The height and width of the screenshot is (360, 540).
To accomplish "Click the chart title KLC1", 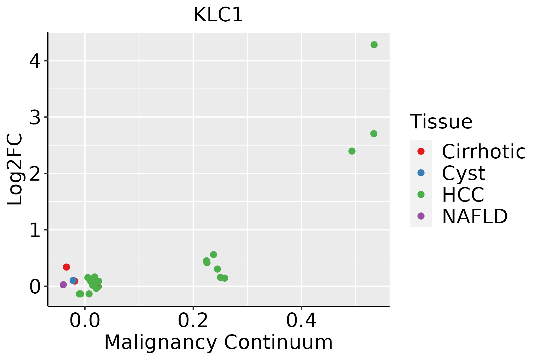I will tap(218, 15).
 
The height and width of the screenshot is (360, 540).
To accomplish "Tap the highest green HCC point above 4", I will tap(374, 45).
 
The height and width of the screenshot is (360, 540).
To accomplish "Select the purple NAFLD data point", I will tap(63, 284).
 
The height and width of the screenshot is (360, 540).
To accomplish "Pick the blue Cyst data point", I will tap(73, 280).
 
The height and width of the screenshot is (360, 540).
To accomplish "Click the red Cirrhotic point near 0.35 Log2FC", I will tap(66, 267).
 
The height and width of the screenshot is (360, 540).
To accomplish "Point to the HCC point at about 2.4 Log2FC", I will tap(352, 151).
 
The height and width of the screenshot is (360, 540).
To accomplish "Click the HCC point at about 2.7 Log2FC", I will tap(374, 133).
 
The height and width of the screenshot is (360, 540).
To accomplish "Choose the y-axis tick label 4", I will tap(35, 61).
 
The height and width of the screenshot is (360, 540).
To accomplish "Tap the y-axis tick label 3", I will tap(35, 117).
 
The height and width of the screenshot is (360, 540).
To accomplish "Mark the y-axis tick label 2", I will tap(35, 174).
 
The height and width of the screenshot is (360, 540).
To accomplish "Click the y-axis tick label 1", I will tap(35, 230).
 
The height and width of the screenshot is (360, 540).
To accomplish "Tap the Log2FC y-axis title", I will tap(15, 169).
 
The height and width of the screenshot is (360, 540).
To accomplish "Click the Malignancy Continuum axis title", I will tap(218, 343).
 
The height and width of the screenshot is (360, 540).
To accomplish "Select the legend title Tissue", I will tap(441, 122).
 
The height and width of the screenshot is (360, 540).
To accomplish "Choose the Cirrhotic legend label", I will tap(484, 151).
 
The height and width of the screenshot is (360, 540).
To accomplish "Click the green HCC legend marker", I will tap(421, 194).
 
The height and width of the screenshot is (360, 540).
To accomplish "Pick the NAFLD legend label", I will tap(475, 216).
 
